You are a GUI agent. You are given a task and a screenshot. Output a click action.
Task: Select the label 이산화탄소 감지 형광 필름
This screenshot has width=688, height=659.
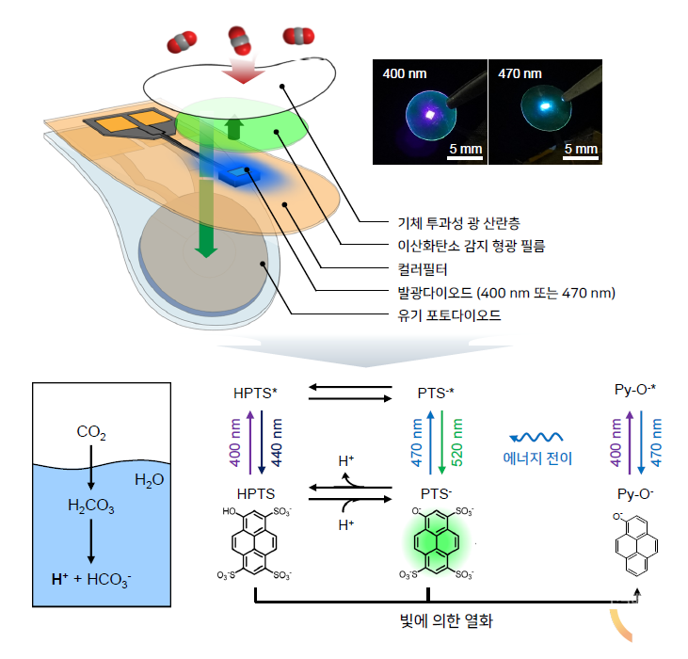[456, 247]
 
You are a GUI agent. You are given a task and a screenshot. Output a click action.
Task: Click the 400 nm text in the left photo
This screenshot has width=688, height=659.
[404, 72]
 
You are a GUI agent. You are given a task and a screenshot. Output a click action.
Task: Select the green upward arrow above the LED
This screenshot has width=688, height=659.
[233, 129]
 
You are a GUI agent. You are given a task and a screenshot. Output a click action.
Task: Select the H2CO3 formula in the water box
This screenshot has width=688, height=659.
[90, 506]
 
